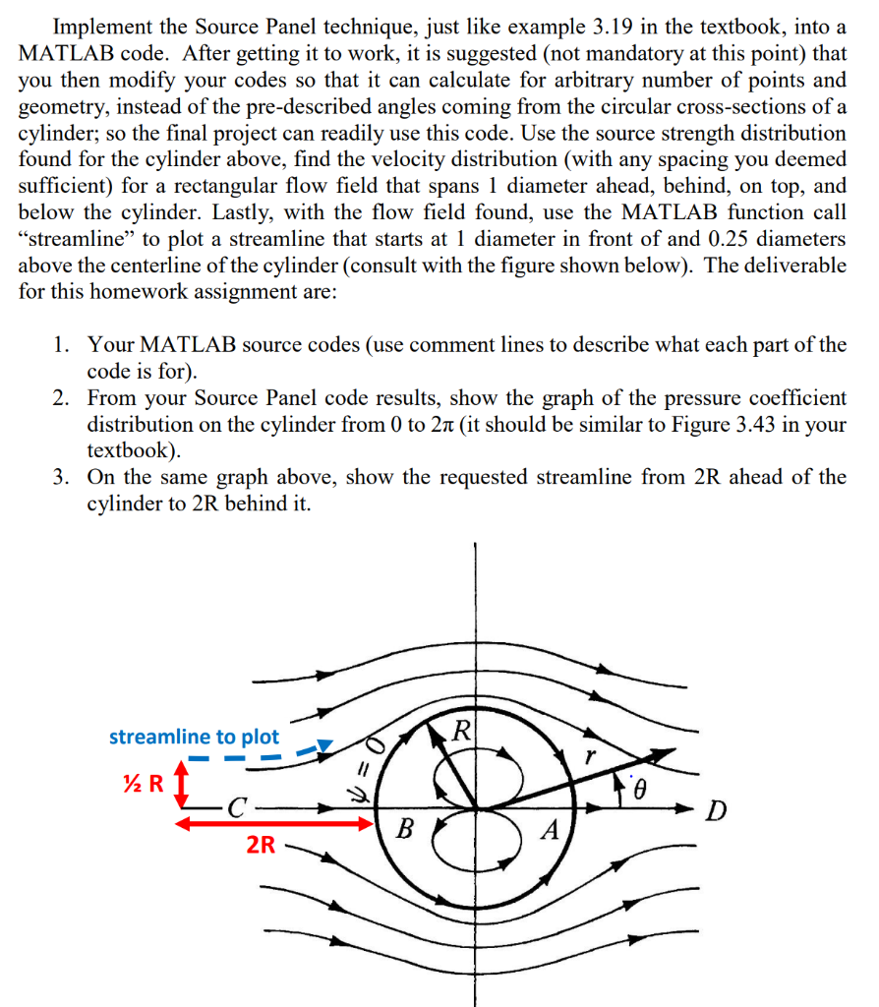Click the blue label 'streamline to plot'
(194, 737)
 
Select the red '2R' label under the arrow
(261, 844)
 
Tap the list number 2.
(62, 398)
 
